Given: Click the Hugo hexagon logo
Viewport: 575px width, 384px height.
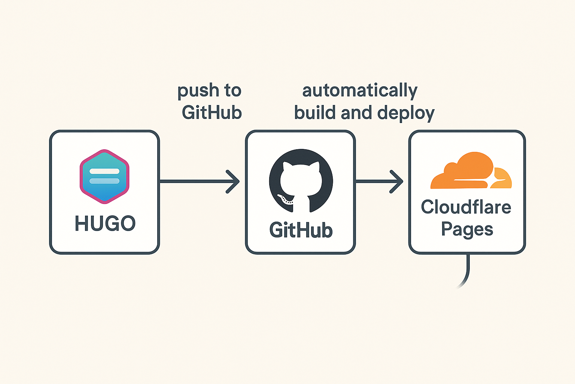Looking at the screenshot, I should [104, 176].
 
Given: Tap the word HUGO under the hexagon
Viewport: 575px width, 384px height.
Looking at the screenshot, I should [105, 223].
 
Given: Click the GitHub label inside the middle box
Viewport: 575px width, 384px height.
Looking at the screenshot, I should [301, 230].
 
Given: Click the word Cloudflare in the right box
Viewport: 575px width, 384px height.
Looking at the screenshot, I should [466, 207].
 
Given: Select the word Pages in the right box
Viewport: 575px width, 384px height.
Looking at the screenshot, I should [467, 229].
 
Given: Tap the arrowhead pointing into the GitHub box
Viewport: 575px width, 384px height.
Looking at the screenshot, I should [234, 181].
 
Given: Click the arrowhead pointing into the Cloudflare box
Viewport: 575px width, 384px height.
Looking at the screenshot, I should [398, 181].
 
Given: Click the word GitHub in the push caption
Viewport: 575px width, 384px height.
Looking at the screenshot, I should [212, 112].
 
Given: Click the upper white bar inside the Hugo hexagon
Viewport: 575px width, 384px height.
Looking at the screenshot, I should [104, 171].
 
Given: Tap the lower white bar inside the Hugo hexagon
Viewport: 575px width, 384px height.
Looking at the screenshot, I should [104, 181].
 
